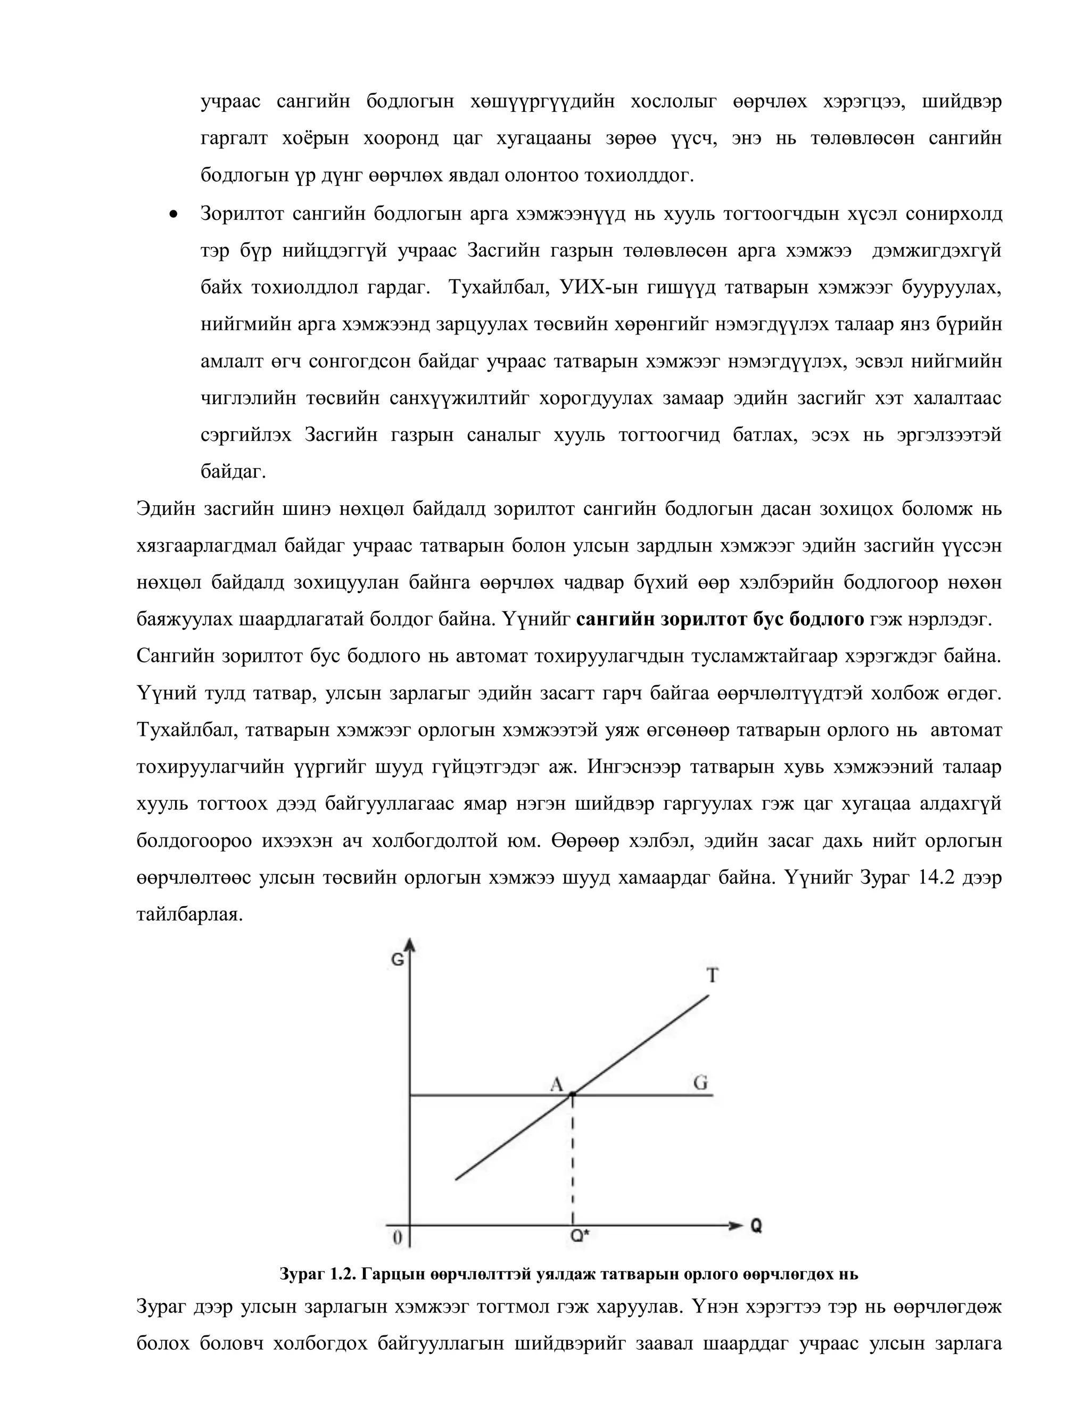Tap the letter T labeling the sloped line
coord(712,975)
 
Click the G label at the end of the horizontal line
coord(700,1082)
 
